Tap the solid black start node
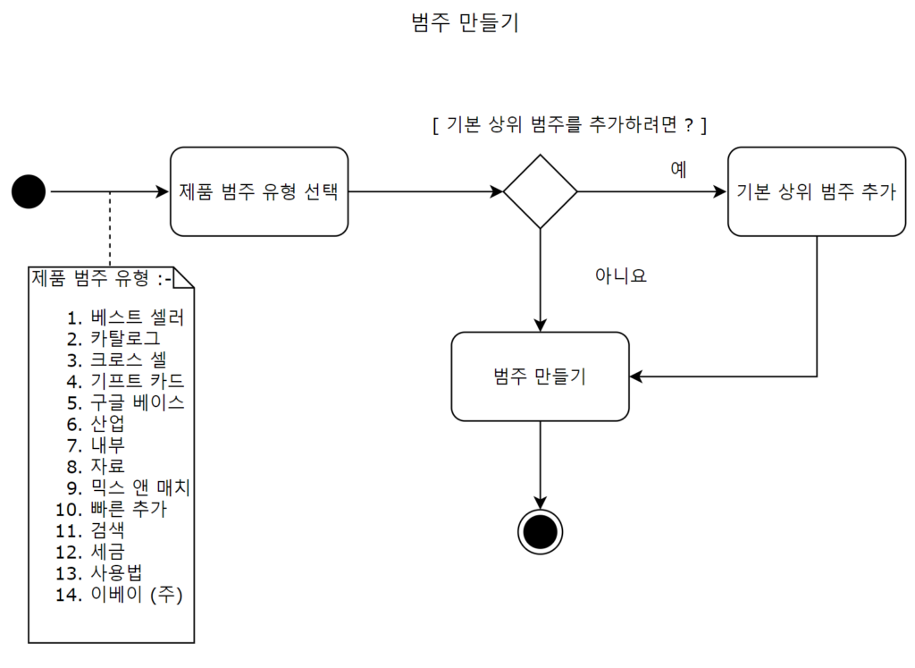point(29,191)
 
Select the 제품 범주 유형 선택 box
point(259,191)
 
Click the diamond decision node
point(540,191)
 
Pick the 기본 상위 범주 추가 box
point(817,191)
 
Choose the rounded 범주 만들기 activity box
point(540,376)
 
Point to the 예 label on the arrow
point(678,170)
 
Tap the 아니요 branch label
point(620,276)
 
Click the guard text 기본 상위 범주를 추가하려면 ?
point(569,126)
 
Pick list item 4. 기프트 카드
point(125,381)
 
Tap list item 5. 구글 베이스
point(125,402)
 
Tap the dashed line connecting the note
point(110,228)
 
